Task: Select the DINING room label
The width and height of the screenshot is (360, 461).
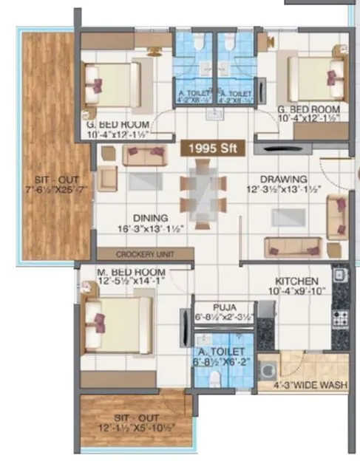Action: [151, 219]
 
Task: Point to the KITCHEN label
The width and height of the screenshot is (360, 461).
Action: [296, 281]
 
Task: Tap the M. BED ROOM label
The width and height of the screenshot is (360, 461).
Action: [131, 272]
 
